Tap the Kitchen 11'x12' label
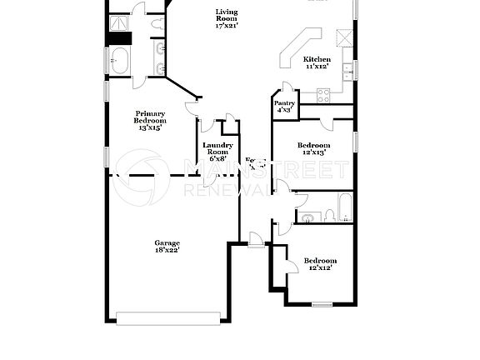point(317,62)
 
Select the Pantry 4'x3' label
point(283,106)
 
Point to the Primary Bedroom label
point(150,121)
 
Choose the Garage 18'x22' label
point(167,246)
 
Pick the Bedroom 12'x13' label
point(314,149)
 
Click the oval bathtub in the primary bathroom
point(120,61)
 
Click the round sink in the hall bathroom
point(307,218)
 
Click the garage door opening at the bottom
point(169,317)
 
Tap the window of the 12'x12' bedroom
point(322,305)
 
